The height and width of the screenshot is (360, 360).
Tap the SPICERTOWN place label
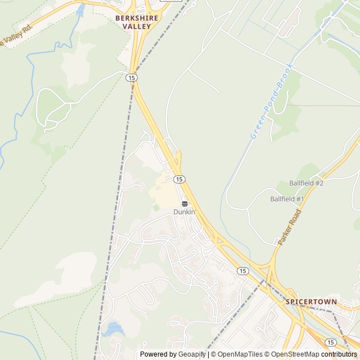[x=311, y=302]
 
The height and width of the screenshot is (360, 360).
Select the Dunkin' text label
[x=184, y=212]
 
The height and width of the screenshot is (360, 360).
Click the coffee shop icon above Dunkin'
[x=184, y=204]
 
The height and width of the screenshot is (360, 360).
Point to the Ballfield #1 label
[x=287, y=199]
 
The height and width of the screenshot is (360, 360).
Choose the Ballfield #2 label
[x=306, y=183]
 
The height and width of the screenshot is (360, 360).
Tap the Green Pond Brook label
[x=272, y=101]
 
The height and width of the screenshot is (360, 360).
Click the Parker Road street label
[x=290, y=227]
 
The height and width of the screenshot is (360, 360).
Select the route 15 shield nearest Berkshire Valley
[x=132, y=78]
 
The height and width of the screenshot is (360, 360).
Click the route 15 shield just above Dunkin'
[x=179, y=179]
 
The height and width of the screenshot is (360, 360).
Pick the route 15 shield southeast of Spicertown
[x=331, y=342]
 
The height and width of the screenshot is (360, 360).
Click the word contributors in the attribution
[x=339, y=354]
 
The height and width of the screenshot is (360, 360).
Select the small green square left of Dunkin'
[x=156, y=208]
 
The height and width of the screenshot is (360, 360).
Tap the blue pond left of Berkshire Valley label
[x=80, y=10]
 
